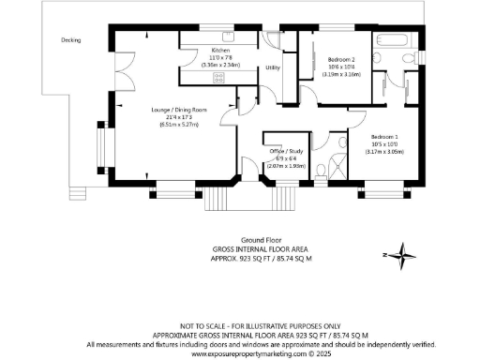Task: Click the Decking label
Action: coord(71,40)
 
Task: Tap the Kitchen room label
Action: coord(221,47)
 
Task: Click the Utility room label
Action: coord(273,67)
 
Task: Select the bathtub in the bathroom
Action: coord(389,40)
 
